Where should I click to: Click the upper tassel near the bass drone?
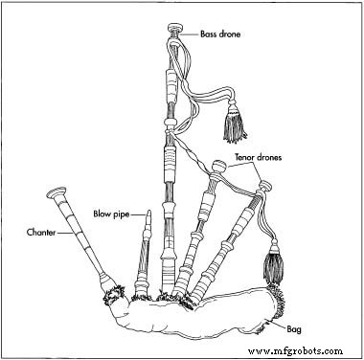pos(231,124)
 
